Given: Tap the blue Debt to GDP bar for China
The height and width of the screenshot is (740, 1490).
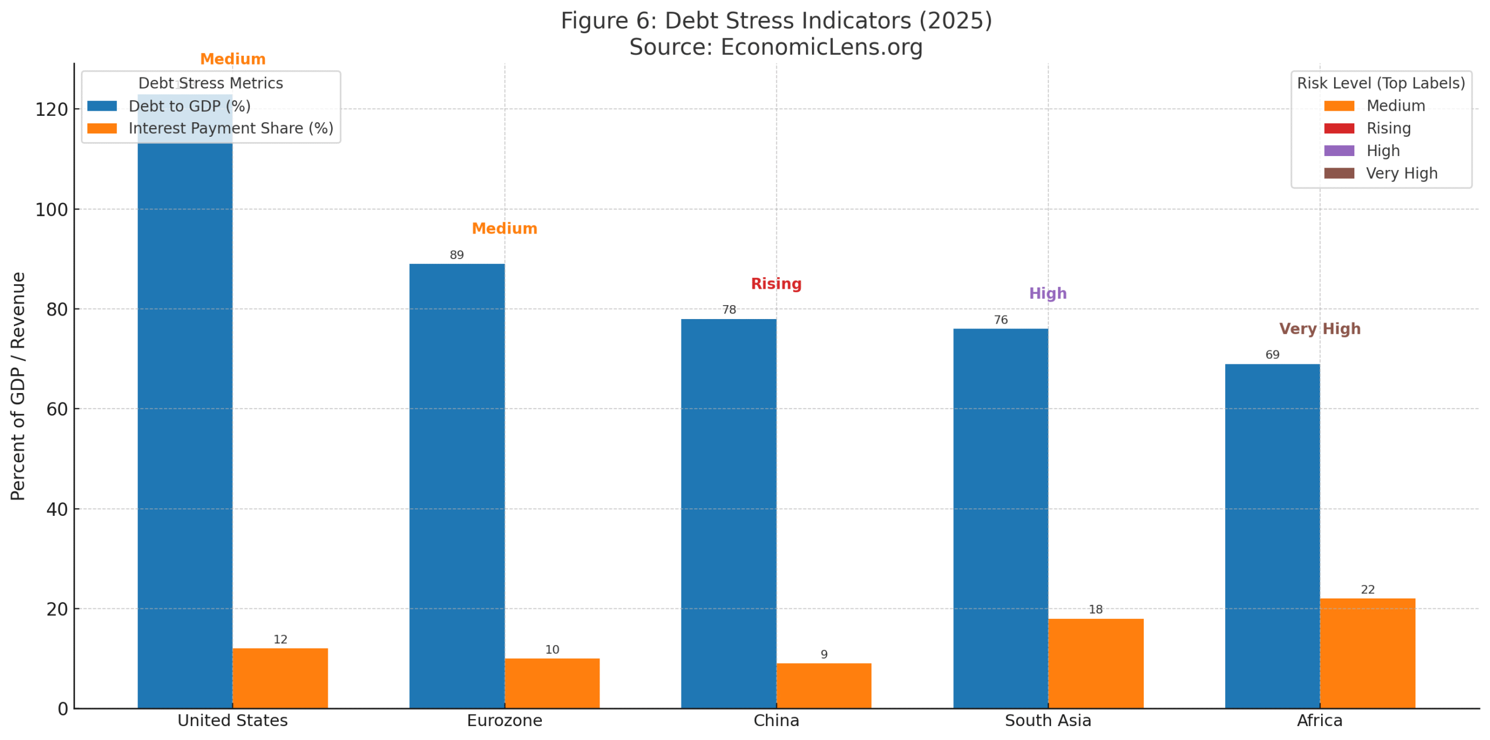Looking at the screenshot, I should click(x=728, y=512).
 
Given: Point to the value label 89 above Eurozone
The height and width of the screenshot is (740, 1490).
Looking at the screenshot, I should click(x=456, y=255).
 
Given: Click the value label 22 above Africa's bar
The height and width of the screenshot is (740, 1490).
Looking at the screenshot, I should click(x=1367, y=589).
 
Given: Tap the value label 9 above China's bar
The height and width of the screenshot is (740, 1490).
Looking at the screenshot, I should click(x=824, y=654).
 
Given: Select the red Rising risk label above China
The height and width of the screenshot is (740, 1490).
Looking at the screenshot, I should click(x=776, y=284).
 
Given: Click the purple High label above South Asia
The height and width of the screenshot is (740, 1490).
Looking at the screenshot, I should click(x=1047, y=293).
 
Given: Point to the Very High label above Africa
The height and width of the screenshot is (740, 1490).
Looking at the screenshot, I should click(x=1319, y=328).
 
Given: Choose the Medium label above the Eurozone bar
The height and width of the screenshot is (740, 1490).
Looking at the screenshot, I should click(x=504, y=228).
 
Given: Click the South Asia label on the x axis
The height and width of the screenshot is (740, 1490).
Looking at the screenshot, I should click(x=1047, y=720).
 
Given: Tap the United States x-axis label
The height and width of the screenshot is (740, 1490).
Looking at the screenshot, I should click(x=232, y=720).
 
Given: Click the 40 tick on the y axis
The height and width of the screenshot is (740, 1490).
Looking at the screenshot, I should click(x=56, y=509).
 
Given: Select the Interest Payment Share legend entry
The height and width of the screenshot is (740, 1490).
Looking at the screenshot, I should click(x=230, y=128).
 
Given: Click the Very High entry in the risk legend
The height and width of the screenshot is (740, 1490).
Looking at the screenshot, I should click(x=1401, y=174).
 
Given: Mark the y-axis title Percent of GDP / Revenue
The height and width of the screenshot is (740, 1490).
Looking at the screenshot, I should click(x=18, y=385).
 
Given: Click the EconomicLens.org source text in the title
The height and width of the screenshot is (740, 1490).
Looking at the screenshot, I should click(x=821, y=47).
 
